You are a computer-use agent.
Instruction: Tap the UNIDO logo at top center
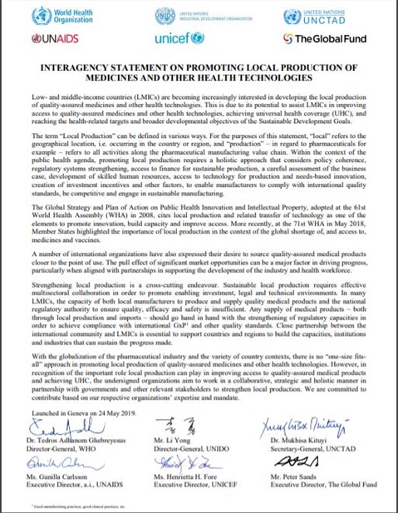tap(199, 17)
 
